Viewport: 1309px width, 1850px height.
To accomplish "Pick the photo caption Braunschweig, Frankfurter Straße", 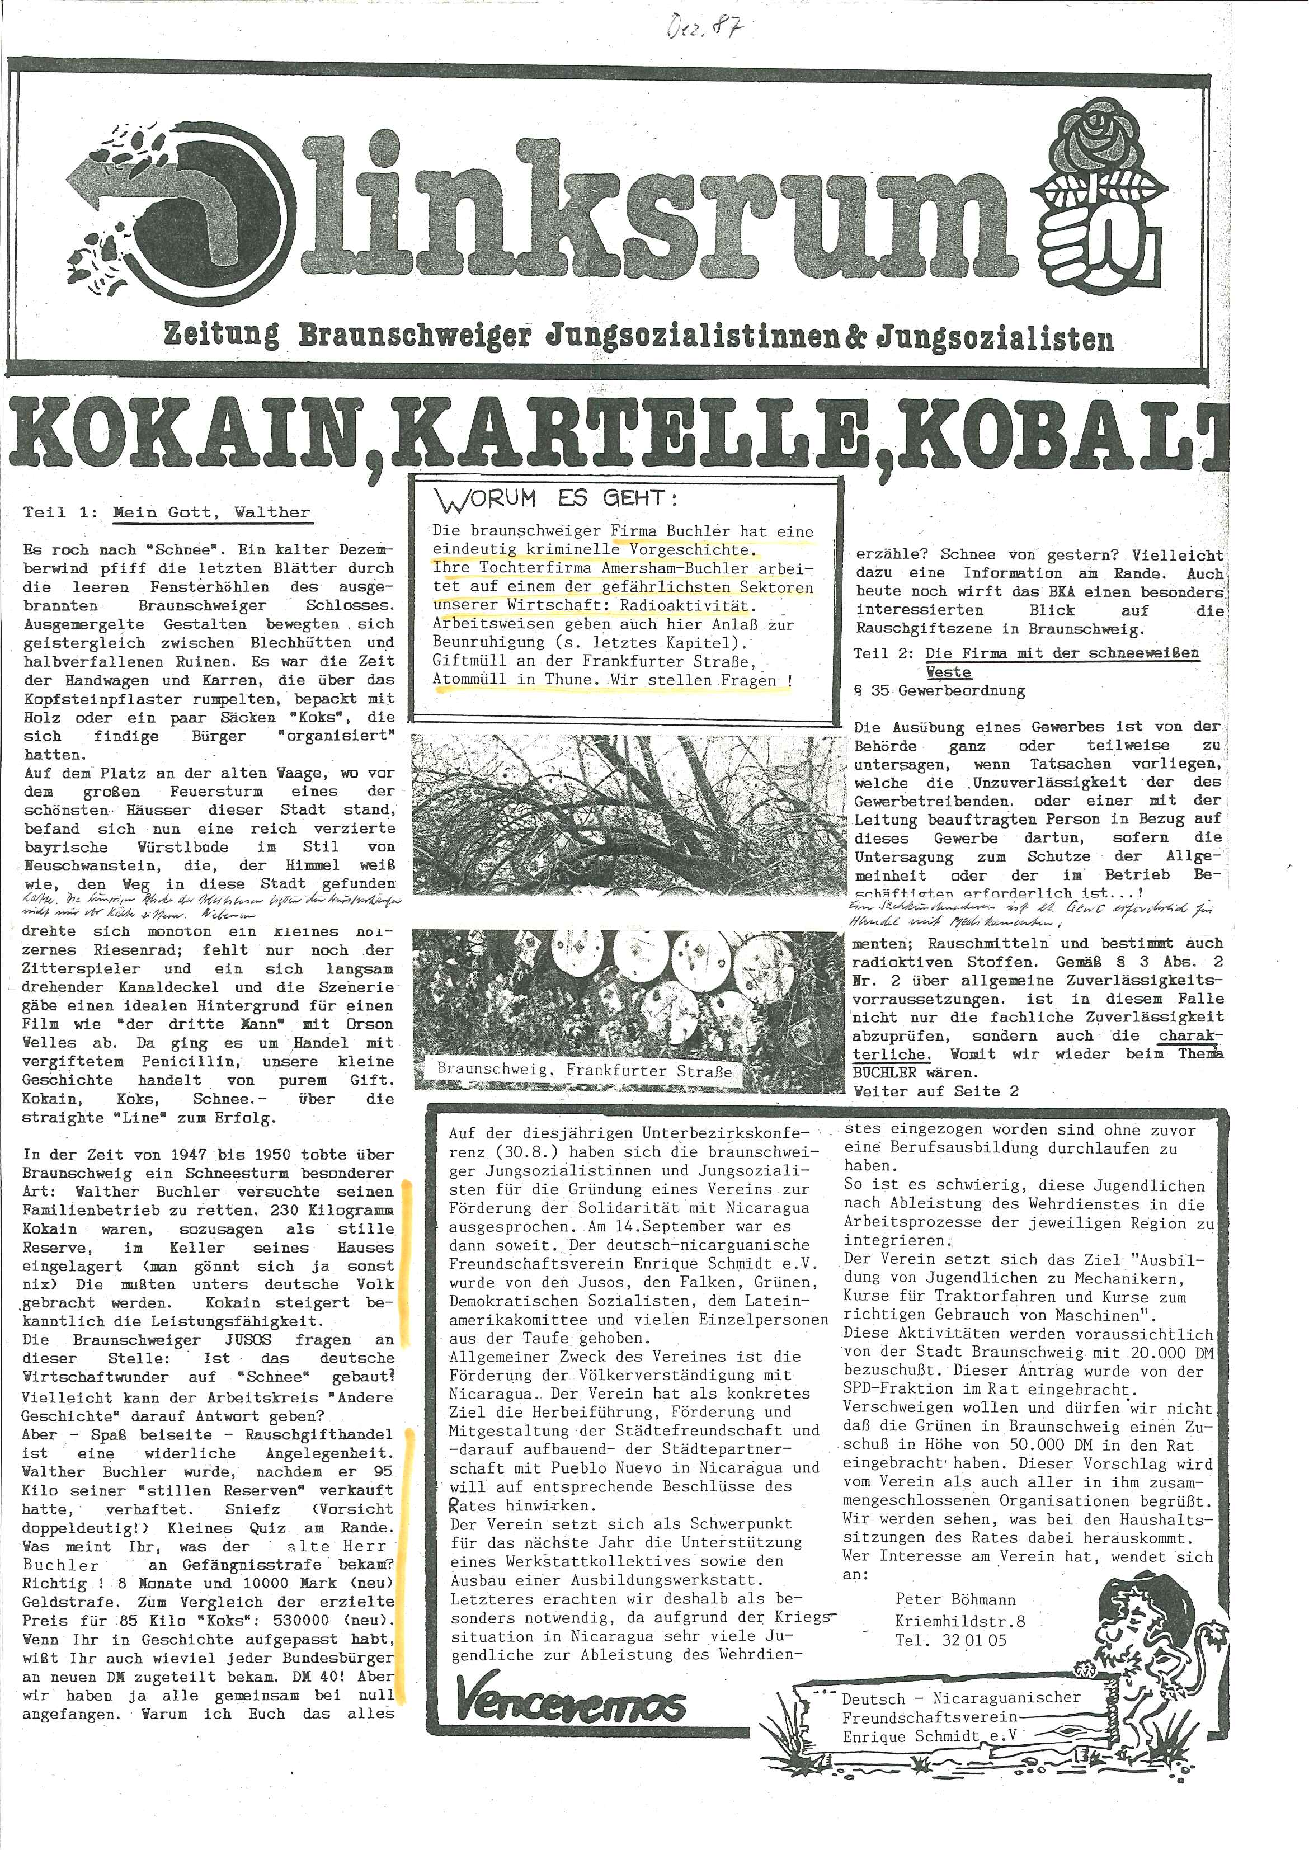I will [585, 1071].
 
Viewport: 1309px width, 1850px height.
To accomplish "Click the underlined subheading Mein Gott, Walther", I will [211, 512].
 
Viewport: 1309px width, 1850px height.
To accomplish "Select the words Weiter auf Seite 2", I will [936, 1091].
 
